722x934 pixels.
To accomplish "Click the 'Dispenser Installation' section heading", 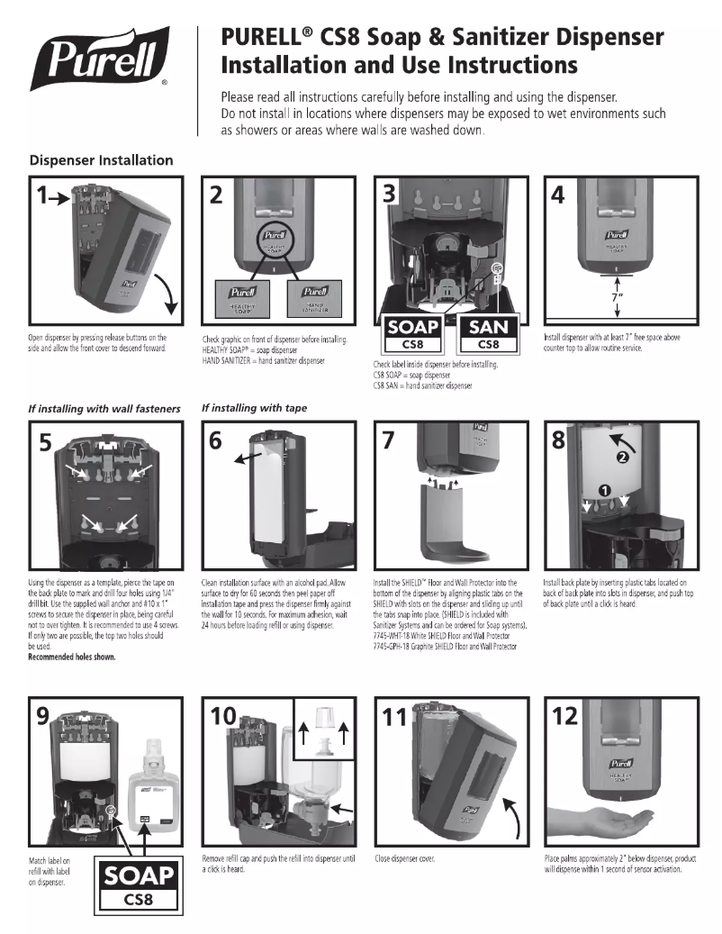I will (101, 160).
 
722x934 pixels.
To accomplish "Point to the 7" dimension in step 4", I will (617, 296).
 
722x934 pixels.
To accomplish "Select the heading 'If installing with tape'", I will (254, 408).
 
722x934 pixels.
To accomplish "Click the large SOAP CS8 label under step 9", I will (137, 884).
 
